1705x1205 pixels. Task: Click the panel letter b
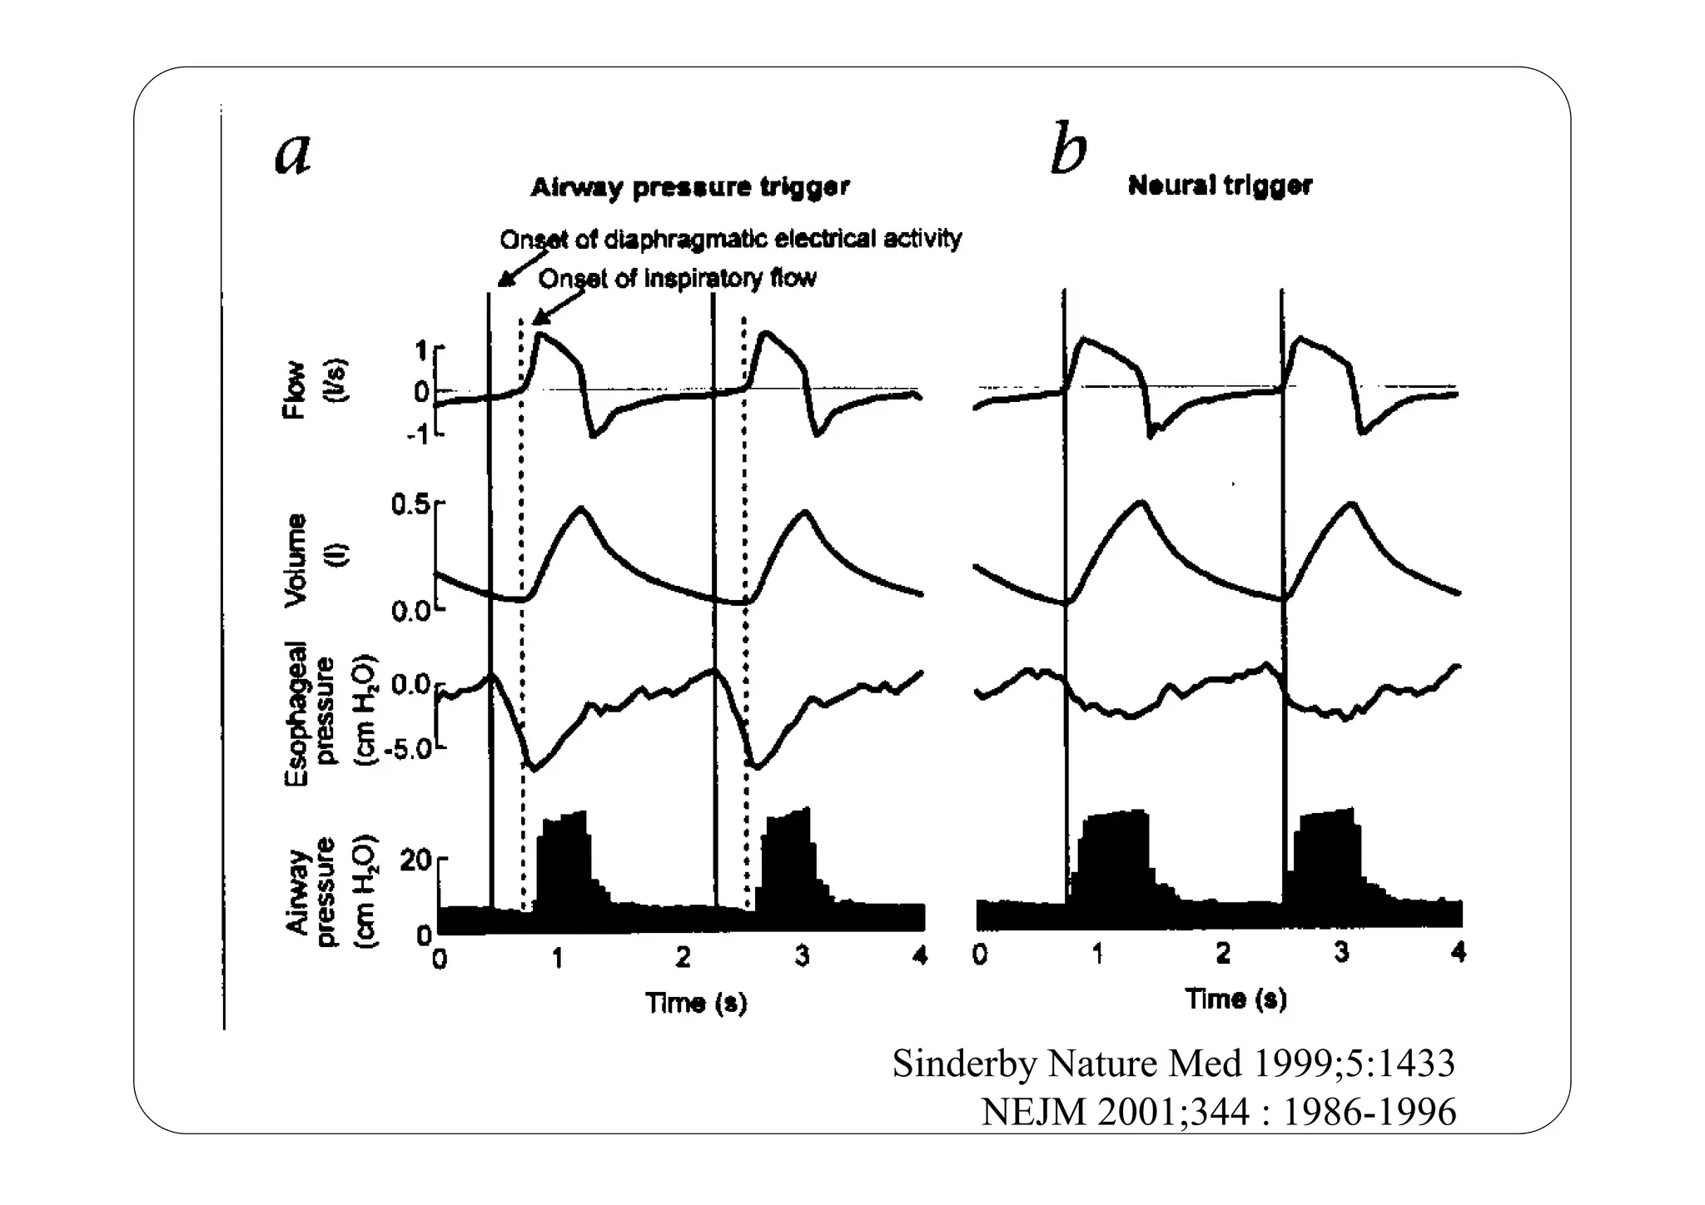[x=1068, y=150]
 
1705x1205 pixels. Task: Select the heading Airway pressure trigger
[x=690, y=187]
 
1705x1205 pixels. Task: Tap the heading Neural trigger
[x=1220, y=186]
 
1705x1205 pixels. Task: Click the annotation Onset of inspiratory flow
[x=677, y=278]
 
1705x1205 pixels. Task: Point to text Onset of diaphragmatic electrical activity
[x=730, y=240]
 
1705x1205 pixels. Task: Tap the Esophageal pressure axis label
[x=330, y=713]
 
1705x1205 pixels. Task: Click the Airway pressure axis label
[x=330, y=891]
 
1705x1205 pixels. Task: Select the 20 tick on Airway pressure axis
[x=415, y=860]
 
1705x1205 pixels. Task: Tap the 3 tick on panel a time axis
[x=802, y=957]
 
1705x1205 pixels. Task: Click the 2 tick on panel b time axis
[x=1221, y=954]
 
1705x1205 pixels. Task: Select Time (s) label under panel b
[x=1235, y=998]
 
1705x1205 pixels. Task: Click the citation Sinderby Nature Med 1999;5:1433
[x=1173, y=1064]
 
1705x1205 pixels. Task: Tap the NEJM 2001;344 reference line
[x=1218, y=1112]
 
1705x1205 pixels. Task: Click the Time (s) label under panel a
[x=696, y=1003]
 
